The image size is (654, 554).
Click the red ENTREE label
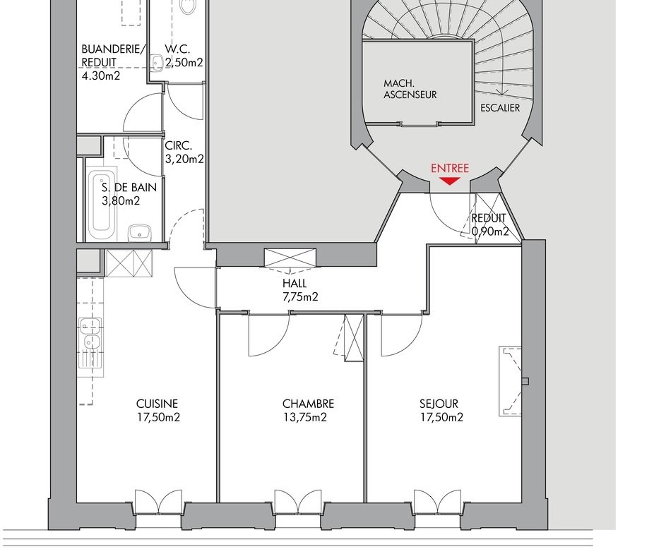(x=450, y=169)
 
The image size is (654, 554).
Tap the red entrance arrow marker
(x=450, y=181)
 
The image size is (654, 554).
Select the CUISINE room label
(x=157, y=404)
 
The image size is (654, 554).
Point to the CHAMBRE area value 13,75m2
(x=305, y=417)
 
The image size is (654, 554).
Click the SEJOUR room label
(x=439, y=404)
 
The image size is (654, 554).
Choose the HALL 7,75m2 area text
(x=300, y=297)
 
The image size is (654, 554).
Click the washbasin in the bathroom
(x=139, y=232)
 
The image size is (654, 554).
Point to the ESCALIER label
(x=500, y=108)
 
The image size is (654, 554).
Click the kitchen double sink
(x=91, y=333)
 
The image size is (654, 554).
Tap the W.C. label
(x=178, y=49)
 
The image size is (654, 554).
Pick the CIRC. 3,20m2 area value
(x=184, y=159)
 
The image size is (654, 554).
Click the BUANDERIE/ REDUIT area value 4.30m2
(x=100, y=76)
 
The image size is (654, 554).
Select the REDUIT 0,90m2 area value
(x=490, y=231)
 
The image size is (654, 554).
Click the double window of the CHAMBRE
(x=298, y=502)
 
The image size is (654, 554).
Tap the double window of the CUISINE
(x=158, y=502)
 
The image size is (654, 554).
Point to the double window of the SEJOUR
(x=437, y=502)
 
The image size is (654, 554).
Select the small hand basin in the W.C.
(x=157, y=64)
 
